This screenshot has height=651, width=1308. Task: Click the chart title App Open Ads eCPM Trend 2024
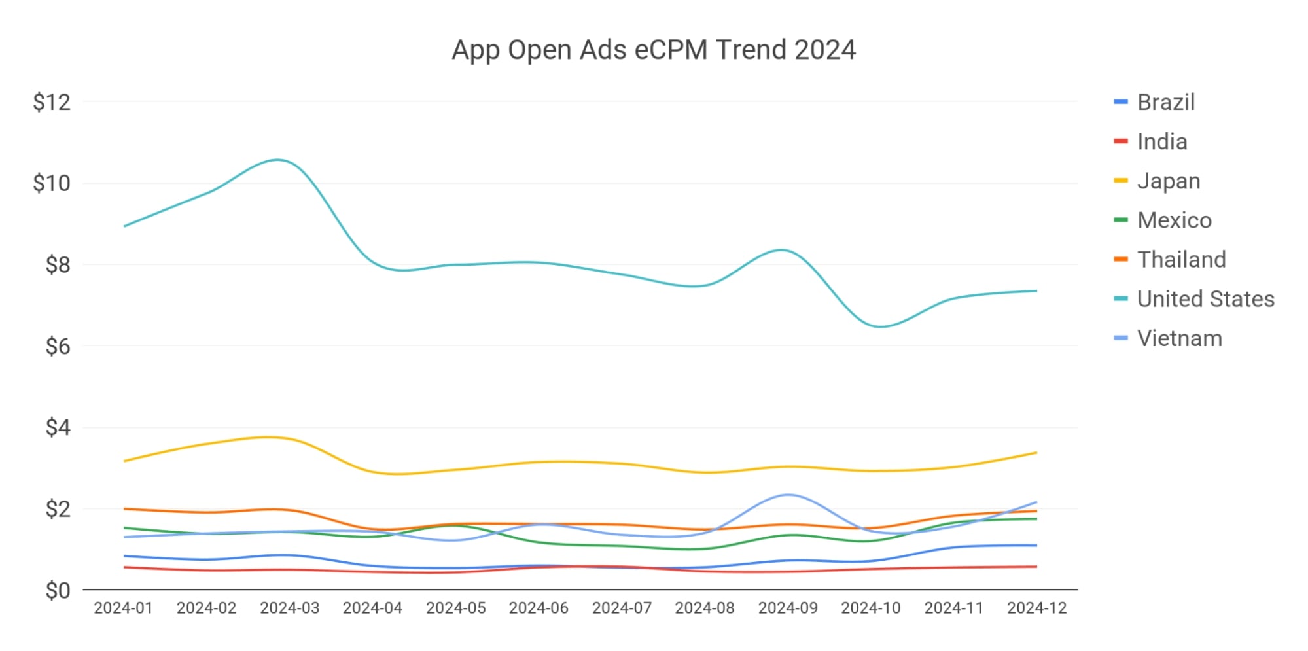tap(653, 50)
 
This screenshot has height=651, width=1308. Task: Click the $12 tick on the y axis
tap(52, 103)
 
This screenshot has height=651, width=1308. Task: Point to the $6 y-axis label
tap(58, 346)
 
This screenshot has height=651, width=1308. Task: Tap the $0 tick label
tap(58, 591)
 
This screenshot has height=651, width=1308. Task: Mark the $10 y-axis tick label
tap(52, 184)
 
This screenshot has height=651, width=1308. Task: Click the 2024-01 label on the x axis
tap(123, 608)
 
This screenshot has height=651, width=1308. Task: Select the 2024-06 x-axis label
tap(539, 608)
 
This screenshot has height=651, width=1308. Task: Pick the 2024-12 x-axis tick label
tap(1036, 608)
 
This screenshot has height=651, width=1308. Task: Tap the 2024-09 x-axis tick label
tap(788, 608)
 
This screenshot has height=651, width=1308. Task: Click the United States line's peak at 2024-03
tap(278, 160)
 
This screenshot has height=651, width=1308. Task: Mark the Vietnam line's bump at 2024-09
tap(788, 495)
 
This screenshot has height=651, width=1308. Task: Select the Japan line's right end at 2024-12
tap(1036, 453)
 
